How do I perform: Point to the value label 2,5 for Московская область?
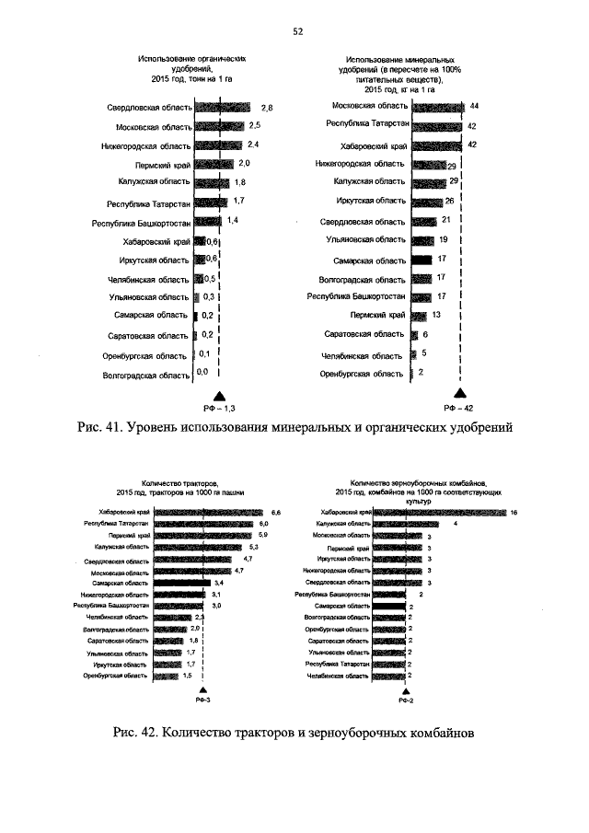(x=255, y=125)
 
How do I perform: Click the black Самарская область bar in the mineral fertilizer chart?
(x=422, y=260)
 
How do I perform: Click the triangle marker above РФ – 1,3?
(x=219, y=393)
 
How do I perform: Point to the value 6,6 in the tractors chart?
(x=275, y=512)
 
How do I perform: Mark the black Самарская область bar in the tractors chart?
(x=182, y=583)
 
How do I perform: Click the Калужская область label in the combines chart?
(x=341, y=524)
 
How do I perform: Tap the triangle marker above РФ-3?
(x=202, y=689)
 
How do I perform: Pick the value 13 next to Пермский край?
(x=436, y=315)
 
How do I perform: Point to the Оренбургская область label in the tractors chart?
(x=115, y=676)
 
